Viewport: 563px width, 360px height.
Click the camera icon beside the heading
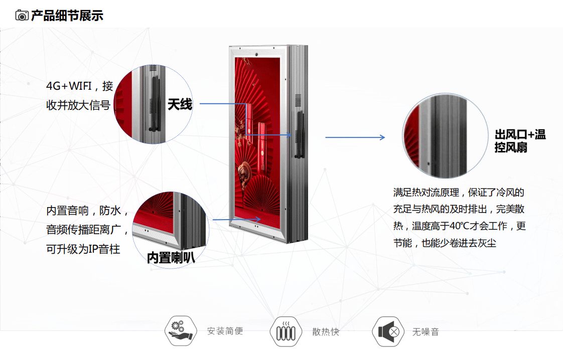coord(22,16)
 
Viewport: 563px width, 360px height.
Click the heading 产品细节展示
coord(67,16)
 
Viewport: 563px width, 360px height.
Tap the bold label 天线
coord(180,104)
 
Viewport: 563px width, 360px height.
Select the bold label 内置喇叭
coord(171,257)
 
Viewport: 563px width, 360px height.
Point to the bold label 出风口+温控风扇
coord(519,141)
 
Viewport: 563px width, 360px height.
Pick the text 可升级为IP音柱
coord(83,249)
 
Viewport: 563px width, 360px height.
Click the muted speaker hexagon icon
coord(388,331)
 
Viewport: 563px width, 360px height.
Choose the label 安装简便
coord(225,331)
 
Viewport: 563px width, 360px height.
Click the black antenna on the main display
coord(300,134)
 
